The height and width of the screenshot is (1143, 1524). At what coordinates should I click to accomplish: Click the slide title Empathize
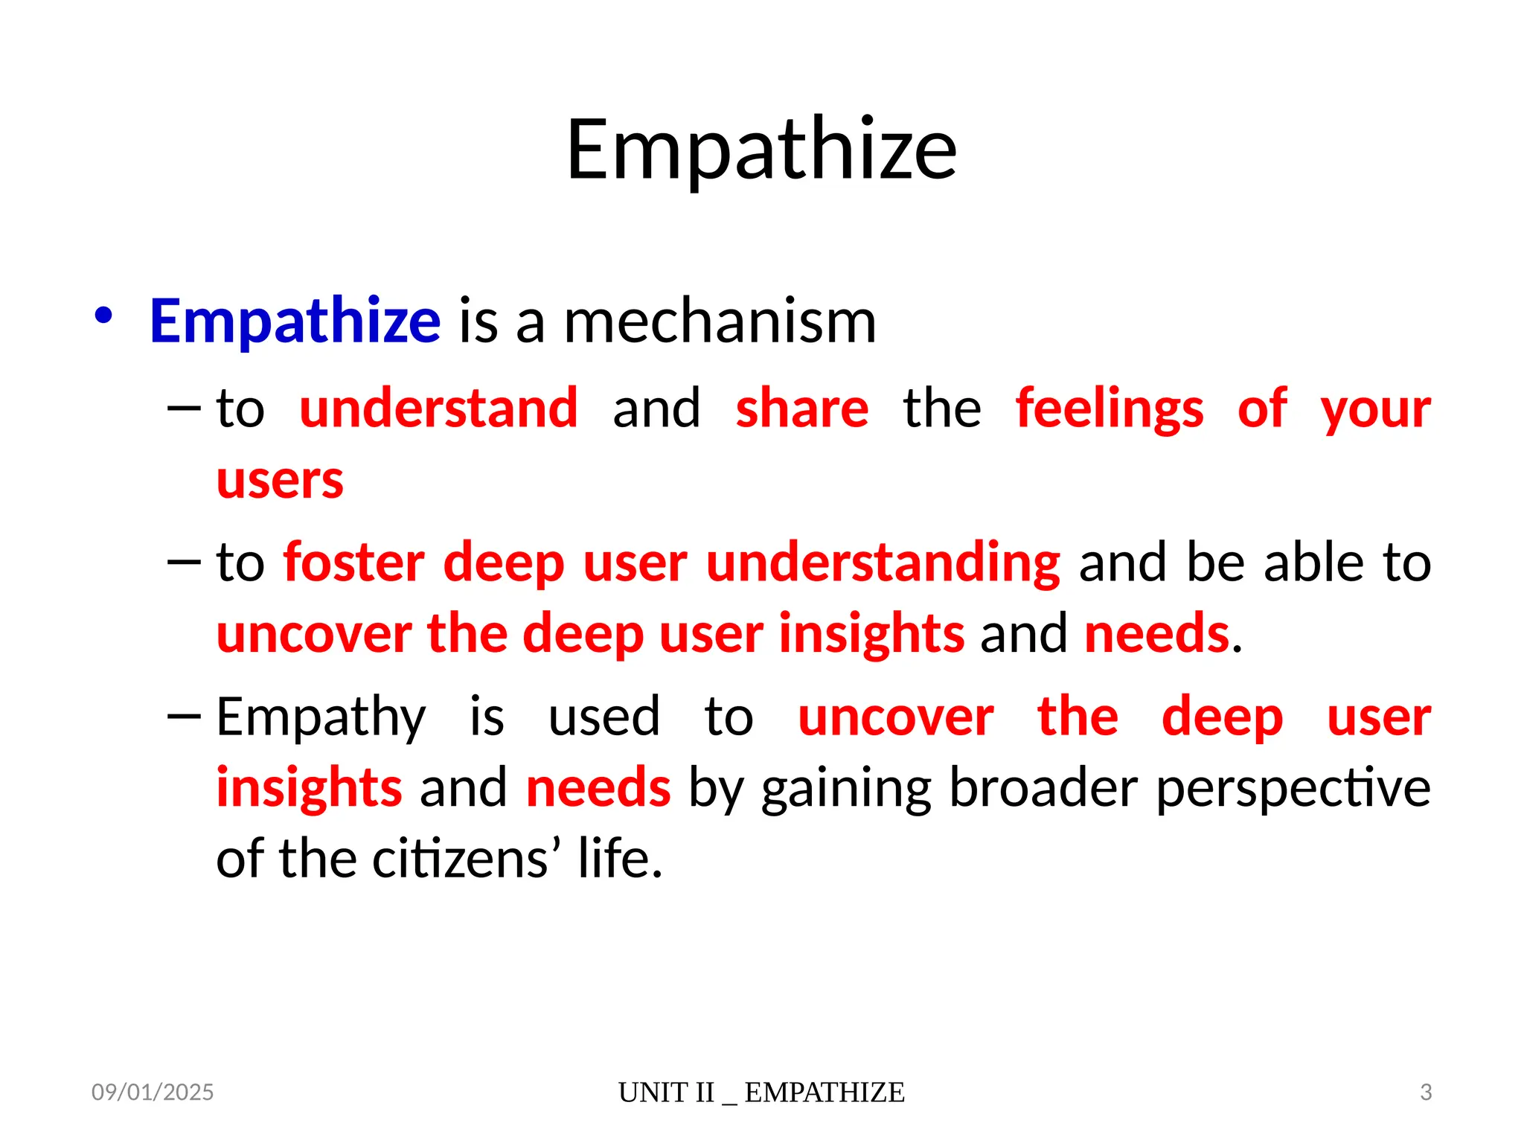click(761, 150)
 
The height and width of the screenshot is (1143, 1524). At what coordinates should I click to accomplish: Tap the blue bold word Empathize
click(295, 321)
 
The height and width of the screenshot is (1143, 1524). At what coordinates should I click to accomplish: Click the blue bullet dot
click(103, 316)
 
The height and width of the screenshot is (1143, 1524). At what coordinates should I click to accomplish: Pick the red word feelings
click(1109, 409)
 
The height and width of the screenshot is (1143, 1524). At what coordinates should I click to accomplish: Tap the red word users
click(280, 480)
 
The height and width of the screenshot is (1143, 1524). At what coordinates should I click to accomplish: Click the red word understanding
click(883, 563)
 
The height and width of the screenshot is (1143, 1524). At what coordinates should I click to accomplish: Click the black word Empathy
click(321, 717)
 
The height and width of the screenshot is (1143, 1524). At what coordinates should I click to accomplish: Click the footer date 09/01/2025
click(153, 1092)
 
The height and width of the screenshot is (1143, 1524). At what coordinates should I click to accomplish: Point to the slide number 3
click(1425, 1092)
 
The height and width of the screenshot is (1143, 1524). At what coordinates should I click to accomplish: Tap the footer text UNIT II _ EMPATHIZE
click(761, 1092)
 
